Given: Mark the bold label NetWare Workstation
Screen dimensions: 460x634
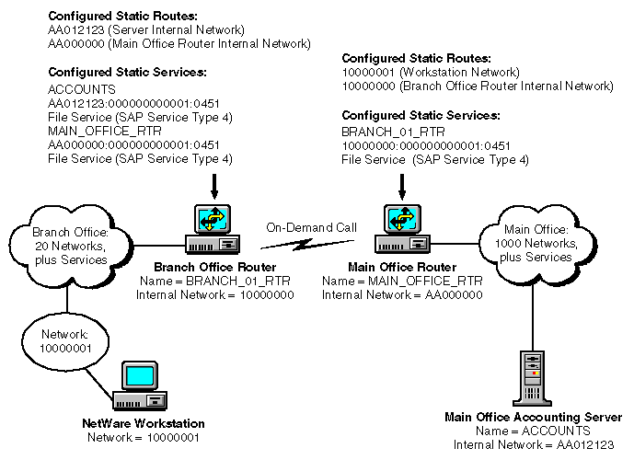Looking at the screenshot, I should tap(141, 424).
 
